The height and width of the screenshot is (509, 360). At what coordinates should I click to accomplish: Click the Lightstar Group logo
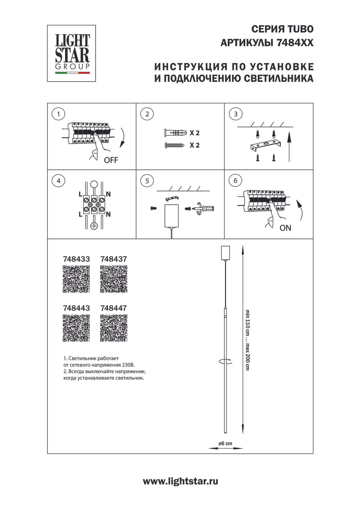tap(72, 53)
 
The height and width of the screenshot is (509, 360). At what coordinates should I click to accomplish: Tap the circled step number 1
tap(58, 114)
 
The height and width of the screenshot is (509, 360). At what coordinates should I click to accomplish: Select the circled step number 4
tap(58, 181)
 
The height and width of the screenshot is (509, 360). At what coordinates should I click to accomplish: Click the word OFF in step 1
tap(111, 160)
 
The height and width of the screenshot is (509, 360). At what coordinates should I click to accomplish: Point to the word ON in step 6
tap(285, 228)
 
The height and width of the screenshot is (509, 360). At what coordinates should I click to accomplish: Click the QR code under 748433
tap(76, 279)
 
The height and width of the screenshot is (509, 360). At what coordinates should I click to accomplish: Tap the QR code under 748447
tap(114, 328)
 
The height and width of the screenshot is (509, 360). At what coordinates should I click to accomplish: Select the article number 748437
tap(114, 259)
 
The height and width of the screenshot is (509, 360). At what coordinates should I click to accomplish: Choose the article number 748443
tap(76, 308)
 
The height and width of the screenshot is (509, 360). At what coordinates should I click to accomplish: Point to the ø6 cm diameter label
tap(225, 443)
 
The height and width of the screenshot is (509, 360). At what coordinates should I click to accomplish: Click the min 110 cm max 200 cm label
tap(248, 340)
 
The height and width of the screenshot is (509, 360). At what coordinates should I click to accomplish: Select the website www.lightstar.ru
tap(180, 481)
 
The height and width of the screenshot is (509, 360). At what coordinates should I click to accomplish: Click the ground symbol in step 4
tap(94, 226)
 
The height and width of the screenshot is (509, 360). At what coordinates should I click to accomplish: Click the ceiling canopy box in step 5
tap(172, 216)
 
